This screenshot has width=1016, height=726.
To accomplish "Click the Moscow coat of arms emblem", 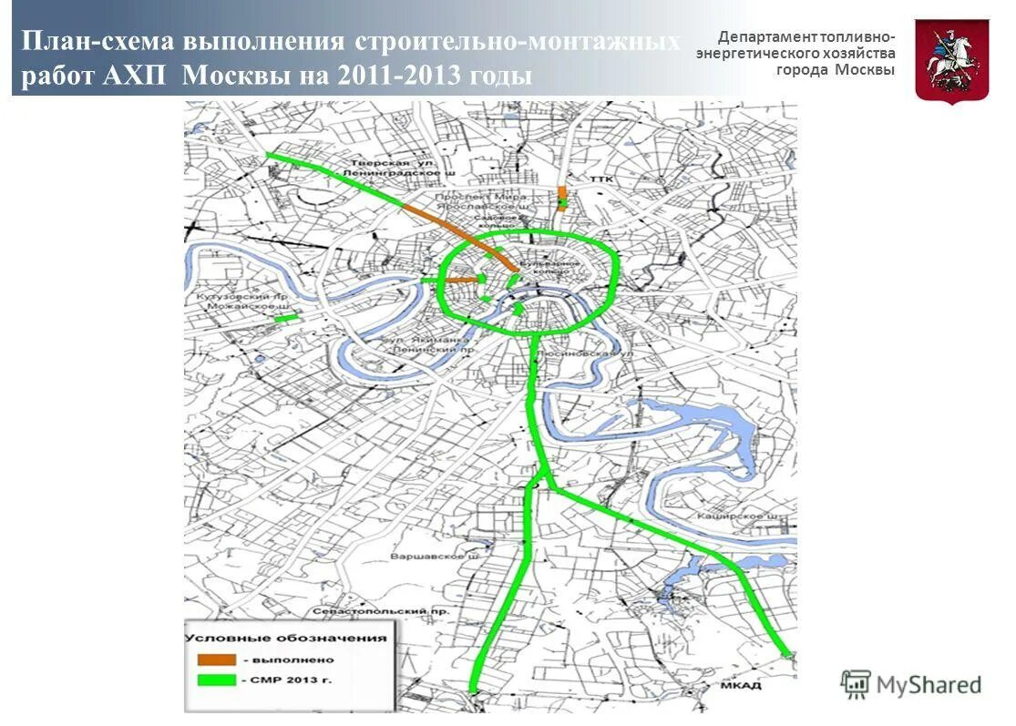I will tap(951, 59).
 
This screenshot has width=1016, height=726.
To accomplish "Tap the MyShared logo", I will tap(910, 684).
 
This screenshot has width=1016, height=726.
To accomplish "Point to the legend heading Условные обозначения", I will tap(287, 638).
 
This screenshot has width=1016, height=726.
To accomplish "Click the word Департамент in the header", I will tap(765, 37).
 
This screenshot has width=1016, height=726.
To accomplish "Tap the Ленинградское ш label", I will tap(399, 172).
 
